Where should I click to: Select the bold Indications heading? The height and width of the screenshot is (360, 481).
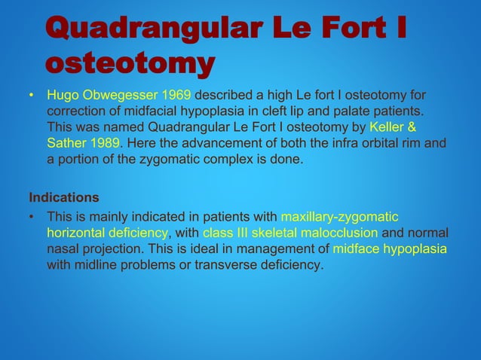point(64,198)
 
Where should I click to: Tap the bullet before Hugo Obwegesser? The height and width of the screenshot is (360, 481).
point(32,96)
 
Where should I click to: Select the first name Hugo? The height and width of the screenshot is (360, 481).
point(63,95)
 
